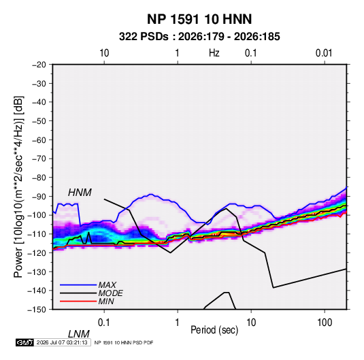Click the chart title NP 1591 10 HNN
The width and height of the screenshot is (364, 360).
199,19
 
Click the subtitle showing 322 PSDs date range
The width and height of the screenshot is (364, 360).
199,37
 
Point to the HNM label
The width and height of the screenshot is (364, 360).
80,193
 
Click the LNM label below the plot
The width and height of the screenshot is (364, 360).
78,334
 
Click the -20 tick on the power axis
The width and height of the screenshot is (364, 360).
39,65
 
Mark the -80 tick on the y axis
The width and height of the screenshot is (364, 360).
39,178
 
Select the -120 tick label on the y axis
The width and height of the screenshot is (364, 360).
37,252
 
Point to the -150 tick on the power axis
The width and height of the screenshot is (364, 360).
37,310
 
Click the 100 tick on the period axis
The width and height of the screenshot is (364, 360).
325,323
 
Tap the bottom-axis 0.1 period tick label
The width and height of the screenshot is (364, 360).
104,323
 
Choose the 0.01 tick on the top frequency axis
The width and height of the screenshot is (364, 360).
324,53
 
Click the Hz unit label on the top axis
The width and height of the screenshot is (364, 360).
214,53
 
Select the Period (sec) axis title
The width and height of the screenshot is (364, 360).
214,330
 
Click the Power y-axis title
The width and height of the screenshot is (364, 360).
18,186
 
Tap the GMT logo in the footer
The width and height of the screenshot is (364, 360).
24,342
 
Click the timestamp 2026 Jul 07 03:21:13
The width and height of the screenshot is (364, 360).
62,342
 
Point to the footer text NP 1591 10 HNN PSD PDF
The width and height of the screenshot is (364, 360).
124,342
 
